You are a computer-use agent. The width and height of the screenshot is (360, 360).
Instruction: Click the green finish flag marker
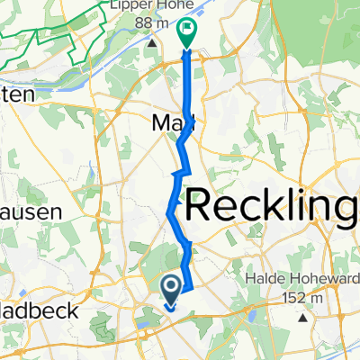186,33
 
